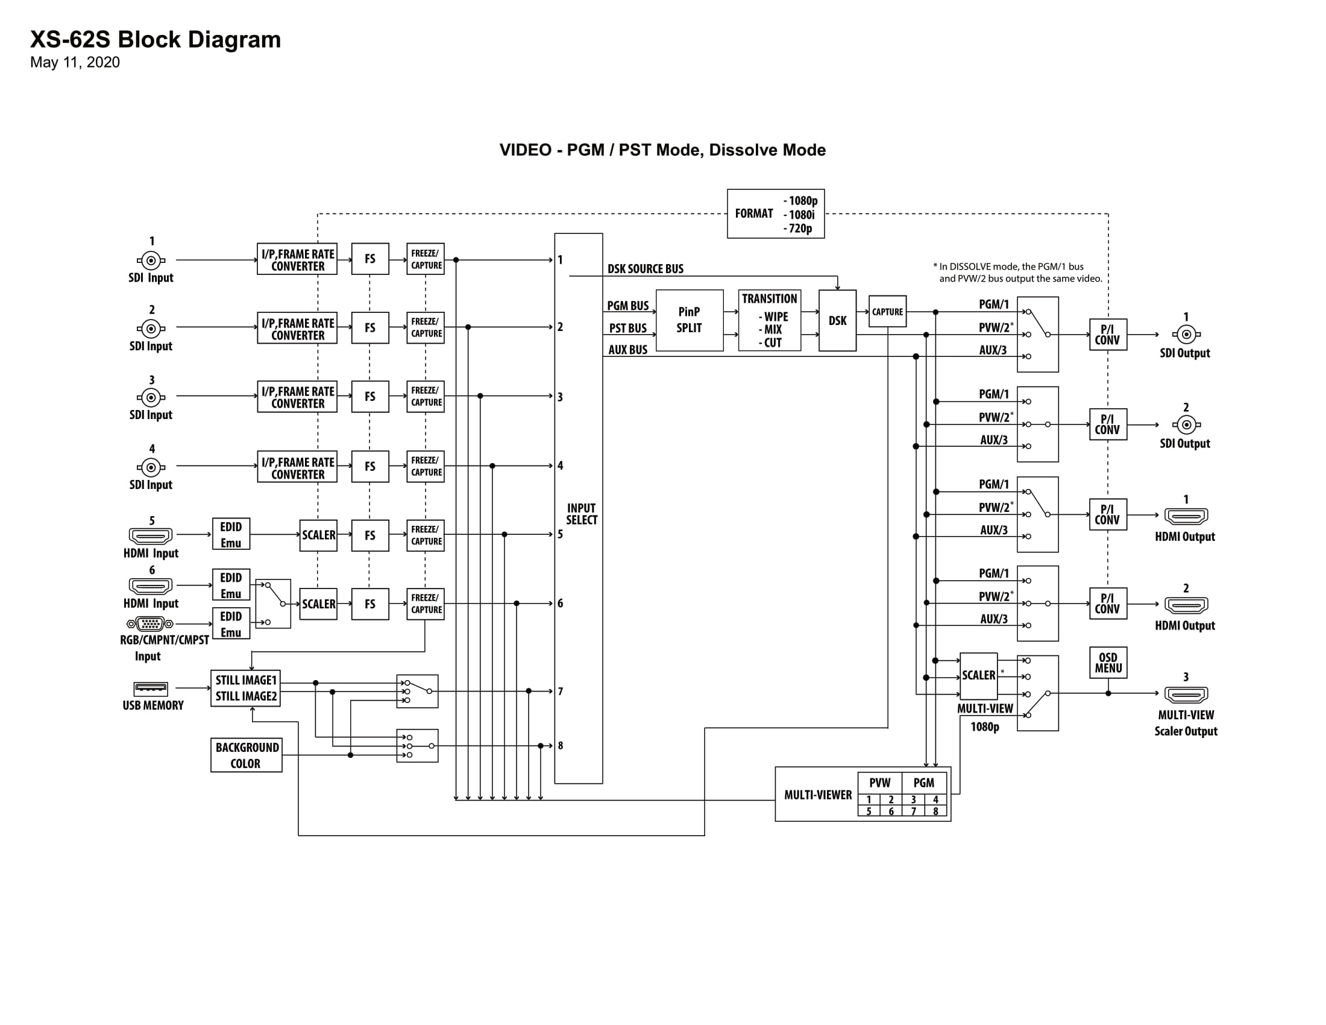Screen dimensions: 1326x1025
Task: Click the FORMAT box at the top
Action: (775, 214)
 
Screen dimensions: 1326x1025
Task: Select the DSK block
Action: (837, 321)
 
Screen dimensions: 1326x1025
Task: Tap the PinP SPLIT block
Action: (690, 320)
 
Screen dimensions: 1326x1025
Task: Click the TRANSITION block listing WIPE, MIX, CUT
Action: (769, 320)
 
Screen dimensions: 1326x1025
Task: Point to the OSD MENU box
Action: (1108, 663)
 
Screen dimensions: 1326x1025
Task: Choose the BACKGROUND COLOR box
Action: (247, 755)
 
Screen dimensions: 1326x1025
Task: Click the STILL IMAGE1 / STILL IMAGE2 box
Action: (246, 688)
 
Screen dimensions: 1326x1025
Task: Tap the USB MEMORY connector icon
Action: (151, 689)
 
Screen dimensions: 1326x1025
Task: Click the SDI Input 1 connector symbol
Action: (151, 260)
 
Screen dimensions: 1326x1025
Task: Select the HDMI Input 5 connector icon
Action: (151, 535)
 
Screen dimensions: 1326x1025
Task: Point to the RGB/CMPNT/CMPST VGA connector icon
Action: (150, 623)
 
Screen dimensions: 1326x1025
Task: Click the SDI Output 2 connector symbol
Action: (1186, 424)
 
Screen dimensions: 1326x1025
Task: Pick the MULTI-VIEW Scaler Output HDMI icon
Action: (1186, 694)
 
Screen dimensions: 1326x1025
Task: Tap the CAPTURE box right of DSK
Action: (888, 312)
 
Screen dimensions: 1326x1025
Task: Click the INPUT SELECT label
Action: (582, 514)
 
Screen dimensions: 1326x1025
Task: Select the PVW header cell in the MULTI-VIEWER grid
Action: (880, 783)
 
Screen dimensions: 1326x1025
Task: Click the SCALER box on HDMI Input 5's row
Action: (318, 535)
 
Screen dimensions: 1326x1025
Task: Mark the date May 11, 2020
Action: (75, 63)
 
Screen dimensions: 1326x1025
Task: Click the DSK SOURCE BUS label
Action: (646, 268)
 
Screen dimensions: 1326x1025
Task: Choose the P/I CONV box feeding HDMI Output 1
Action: (1108, 514)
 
